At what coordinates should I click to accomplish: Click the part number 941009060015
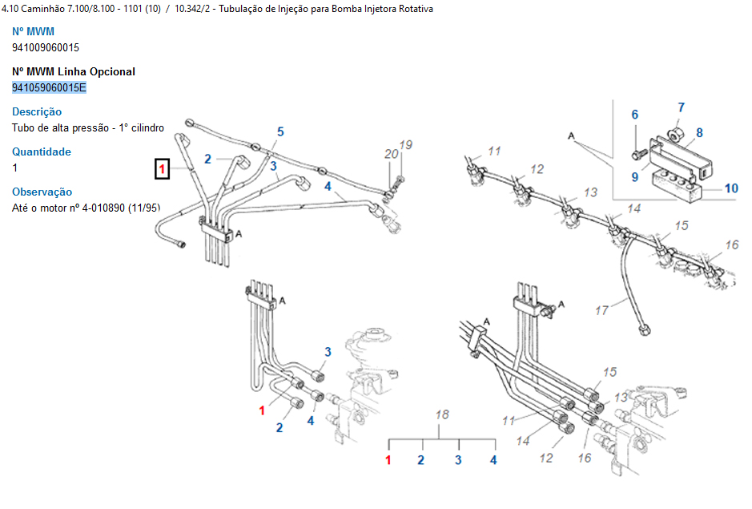click(x=46, y=47)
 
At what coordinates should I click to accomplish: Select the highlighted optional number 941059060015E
click(x=49, y=87)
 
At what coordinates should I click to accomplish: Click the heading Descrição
click(x=37, y=111)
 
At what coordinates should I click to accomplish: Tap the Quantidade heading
click(x=42, y=151)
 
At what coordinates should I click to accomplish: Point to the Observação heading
click(x=42, y=192)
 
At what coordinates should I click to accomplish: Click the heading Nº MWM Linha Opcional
click(x=74, y=71)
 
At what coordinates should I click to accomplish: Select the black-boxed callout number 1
click(x=163, y=168)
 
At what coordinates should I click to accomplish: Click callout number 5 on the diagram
click(x=280, y=131)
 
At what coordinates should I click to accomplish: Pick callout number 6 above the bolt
click(x=635, y=115)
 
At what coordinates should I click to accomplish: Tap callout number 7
click(x=682, y=107)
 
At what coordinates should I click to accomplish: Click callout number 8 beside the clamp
click(x=699, y=133)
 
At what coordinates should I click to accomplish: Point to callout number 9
click(x=634, y=177)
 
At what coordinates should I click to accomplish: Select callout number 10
click(x=731, y=189)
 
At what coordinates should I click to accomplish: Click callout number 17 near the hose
click(x=601, y=310)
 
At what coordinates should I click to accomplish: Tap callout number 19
click(x=406, y=145)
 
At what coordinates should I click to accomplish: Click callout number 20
click(x=391, y=154)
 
